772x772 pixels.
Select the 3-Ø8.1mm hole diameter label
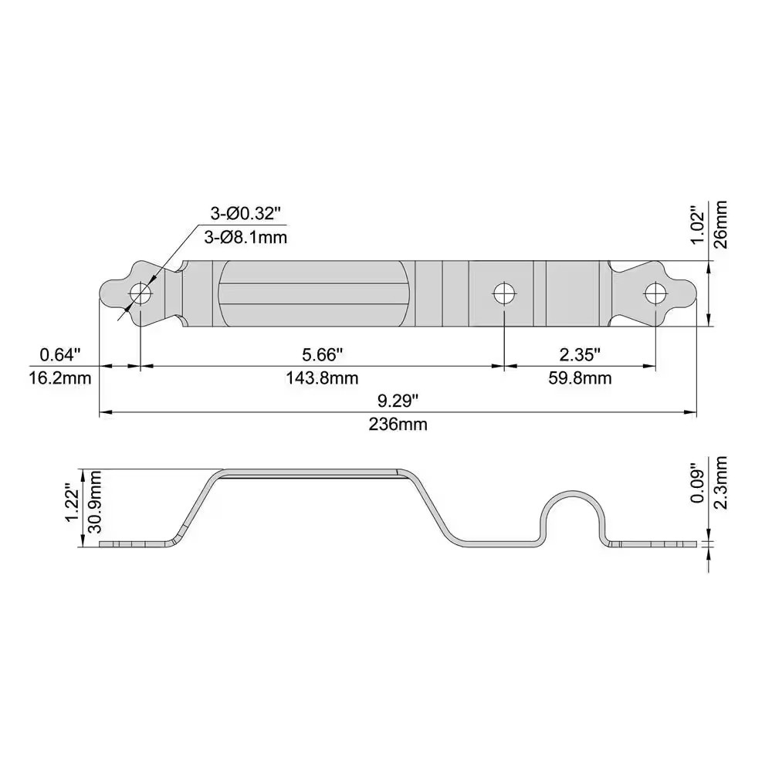pos(246,238)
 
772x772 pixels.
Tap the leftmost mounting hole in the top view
pos(141,293)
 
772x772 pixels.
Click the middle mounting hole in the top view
pos(504,293)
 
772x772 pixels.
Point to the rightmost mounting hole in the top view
pos(655,293)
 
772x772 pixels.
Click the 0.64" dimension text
pos(60,354)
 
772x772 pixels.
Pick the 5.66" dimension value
pos(322,354)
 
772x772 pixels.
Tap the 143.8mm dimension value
pos(323,378)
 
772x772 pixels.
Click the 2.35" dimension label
pos(580,354)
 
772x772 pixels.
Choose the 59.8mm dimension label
pos(580,378)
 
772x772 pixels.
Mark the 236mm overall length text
pos(398,424)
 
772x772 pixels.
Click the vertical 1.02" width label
pos(697,224)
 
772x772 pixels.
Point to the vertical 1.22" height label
pos(72,503)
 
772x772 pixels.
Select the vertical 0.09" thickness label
pos(697,483)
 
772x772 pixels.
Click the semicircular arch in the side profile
pos(572,499)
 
